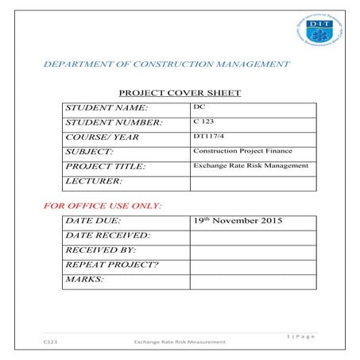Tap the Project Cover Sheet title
(179, 93)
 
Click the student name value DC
(199, 106)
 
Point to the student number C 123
(203, 122)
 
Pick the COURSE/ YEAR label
(103, 137)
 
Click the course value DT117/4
(207, 136)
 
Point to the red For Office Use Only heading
(103, 206)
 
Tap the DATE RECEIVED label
(107, 235)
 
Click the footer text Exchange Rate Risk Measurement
(180, 343)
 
